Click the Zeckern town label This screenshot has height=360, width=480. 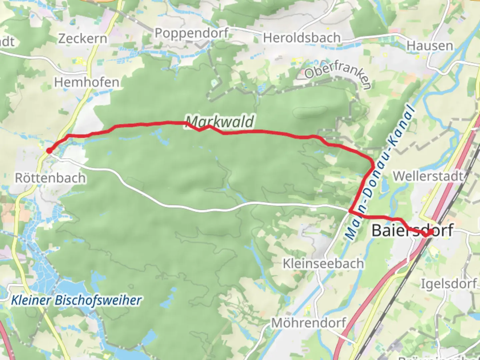[83, 39]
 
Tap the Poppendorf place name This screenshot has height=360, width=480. [192, 33]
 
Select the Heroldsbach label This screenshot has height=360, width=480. [302, 38]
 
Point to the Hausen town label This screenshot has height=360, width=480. [430, 46]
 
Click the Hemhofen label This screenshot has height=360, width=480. [87, 82]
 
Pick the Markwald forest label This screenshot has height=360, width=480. [220, 122]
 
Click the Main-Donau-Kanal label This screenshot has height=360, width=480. [380, 173]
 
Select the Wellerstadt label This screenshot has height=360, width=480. [428, 176]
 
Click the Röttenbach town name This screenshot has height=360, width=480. [50, 178]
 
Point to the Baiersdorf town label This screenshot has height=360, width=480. [412, 230]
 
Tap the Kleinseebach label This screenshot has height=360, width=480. [323, 264]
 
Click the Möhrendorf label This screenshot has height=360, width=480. [309, 323]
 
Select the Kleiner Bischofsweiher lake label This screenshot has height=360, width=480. [76, 300]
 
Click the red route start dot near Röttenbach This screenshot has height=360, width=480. [49, 151]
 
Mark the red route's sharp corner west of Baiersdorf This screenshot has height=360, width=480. [350, 211]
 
